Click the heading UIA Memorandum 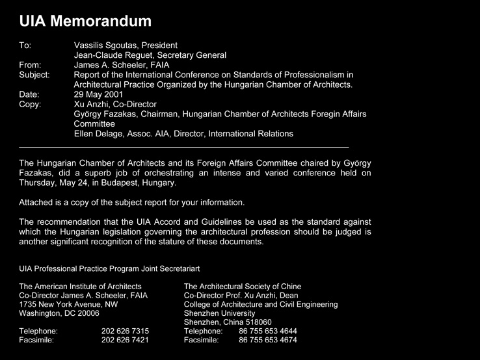tap(85, 21)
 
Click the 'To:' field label tap(25, 45)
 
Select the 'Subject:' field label tap(35, 75)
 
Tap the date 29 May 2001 tap(99, 94)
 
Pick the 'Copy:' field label tap(31, 104)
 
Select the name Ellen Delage tap(102, 134)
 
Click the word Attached tap(38, 202)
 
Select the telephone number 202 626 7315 tap(125, 331)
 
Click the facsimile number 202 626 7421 tap(125, 340)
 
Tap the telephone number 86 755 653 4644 tap(268, 331)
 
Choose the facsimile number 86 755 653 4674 tap(268, 340)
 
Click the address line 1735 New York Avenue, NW tap(68, 304)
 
